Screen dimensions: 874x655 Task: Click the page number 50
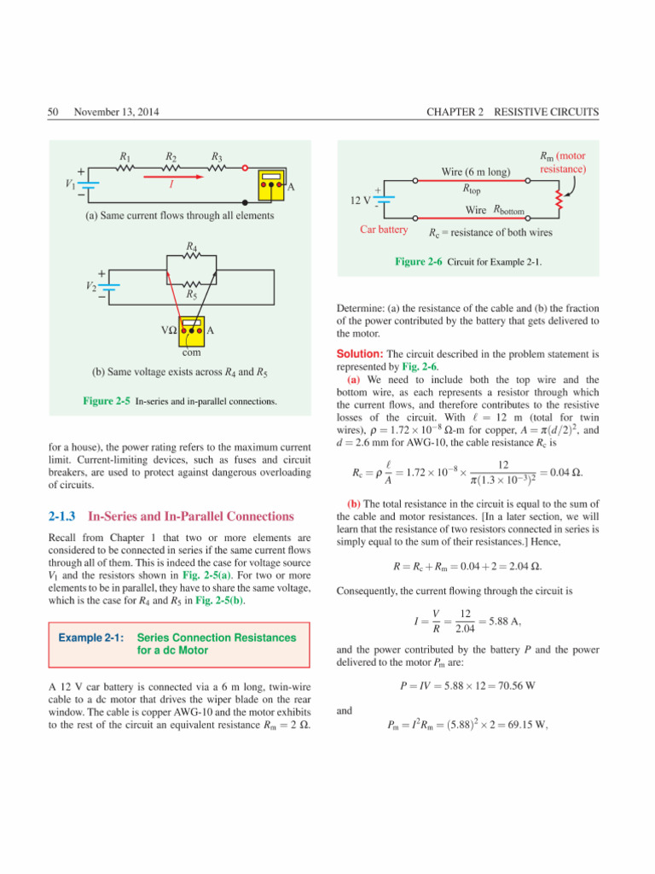[x=53, y=112]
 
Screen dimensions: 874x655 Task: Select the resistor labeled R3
[x=218, y=168]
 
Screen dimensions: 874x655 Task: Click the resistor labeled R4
[x=191, y=255]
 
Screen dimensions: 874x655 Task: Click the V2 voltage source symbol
[x=110, y=288]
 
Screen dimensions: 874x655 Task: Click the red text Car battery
[x=385, y=230]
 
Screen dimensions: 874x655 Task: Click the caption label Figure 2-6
[x=418, y=263]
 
